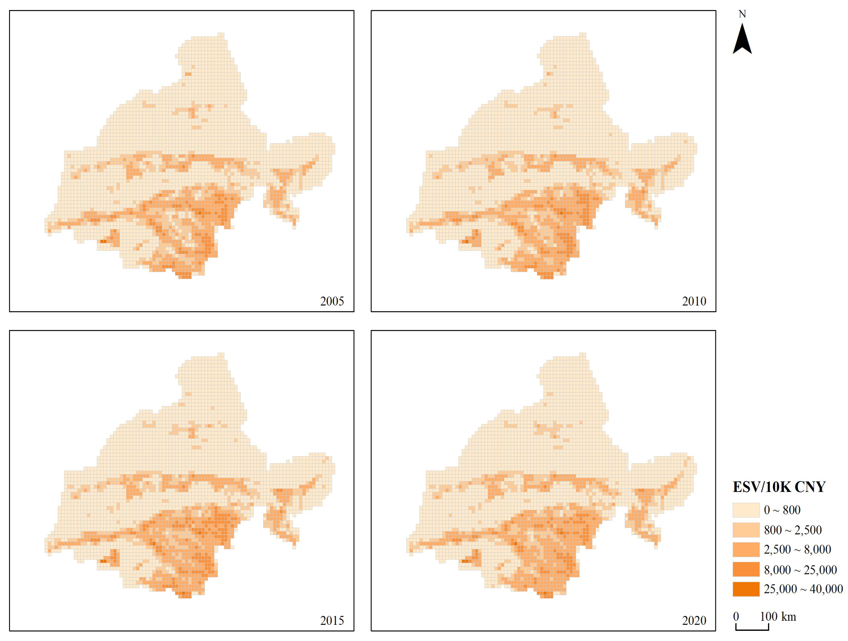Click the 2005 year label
click(x=332, y=301)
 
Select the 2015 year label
click(x=332, y=620)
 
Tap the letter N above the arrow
click(x=742, y=14)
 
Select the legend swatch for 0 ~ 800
click(x=746, y=510)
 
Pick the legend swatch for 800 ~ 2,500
click(x=746, y=530)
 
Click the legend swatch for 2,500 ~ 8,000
click(x=746, y=549)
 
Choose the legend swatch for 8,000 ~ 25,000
click(x=746, y=569)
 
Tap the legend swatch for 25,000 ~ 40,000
click(x=746, y=589)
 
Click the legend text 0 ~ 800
click(x=782, y=510)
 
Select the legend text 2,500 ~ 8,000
click(x=797, y=549)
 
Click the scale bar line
click(x=752, y=629)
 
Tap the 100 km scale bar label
click(x=778, y=617)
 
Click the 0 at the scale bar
click(x=736, y=617)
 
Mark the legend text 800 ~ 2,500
click(x=793, y=530)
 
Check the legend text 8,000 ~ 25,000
click(x=800, y=570)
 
